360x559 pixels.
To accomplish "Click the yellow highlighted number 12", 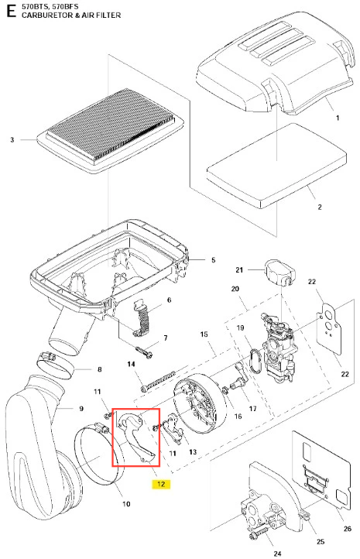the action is tap(161, 484).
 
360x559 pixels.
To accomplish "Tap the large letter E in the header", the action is tap(11, 11).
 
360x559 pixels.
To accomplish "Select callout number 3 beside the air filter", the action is tap(12, 139).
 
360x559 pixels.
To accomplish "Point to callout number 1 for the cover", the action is tap(338, 118).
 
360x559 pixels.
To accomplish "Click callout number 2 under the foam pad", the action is tap(320, 207).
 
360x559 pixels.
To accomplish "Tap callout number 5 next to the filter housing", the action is tap(213, 260).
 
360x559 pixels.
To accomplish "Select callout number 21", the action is tap(239, 270).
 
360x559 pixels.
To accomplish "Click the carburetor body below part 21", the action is tap(278, 346).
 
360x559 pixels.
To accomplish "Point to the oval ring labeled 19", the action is tap(255, 361).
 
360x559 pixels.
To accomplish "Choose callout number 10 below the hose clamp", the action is tap(126, 504).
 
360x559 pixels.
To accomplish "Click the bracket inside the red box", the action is tap(136, 439).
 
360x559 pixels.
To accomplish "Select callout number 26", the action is tap(347, 528).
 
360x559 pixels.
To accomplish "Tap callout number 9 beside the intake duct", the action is tap(81, 408).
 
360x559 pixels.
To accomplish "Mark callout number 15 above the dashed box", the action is tap(204, 334).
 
